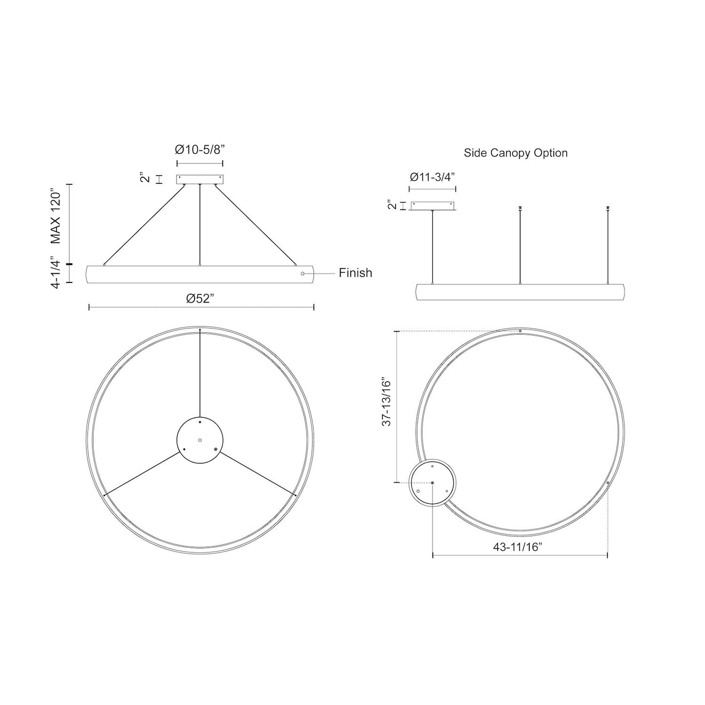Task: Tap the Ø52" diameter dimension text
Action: pyautogui.click(x=201, y=298)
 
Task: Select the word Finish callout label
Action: pyautogui.click(x=355, y=273)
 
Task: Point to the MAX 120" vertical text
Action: pyautogui.click(x=57, y=218)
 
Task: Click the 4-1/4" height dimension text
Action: pyautogui.click(x=57, y=274)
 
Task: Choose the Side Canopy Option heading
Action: pyautogui.click(x=515, y=153)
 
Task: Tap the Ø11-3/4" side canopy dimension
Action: pyautogui.click(x=432, y=177)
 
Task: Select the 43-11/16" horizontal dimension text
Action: pyautogui.click(x=518, y=547)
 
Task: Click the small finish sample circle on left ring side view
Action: pyautogui.click(x=303, y=274)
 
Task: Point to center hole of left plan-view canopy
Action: pyautogui.click(x=200, y=440)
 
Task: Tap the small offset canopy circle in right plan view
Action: pyautogui.click(x=433, y=482)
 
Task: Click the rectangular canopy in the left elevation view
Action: pyautogui.click(x=200, y=180)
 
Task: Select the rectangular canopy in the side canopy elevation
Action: pyautogui.click(x=433, y=206)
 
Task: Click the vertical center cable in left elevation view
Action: pyautogui.click(x=200, y=224)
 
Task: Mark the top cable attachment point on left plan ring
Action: pyautogui.click(x=200, y=331)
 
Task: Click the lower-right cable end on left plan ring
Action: pyautogui.click(x=295, y=495)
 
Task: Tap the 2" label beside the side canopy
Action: pyautogui.click(x=390, y=205)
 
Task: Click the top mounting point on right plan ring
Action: pyautogui.click(x=520, y=331)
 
